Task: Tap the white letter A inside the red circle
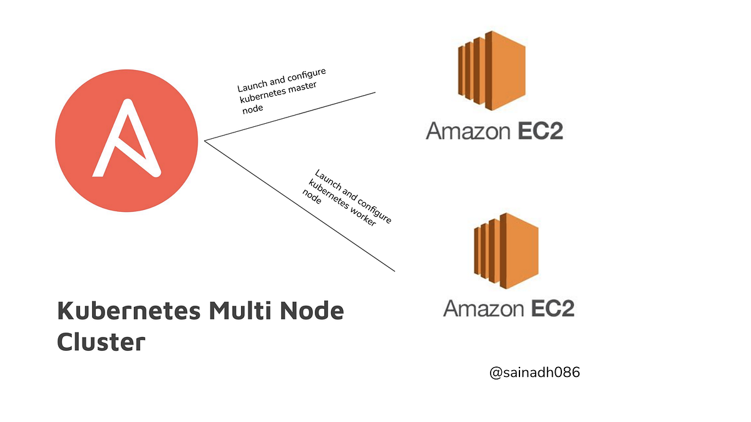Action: [x=126, y=141]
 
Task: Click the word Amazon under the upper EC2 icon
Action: [x=464, y=131]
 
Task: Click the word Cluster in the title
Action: [x=101, y=343]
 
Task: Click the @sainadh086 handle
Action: [x=534, y=373]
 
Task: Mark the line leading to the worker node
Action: [x=300, y=206]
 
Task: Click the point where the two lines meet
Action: [x=205, y=141]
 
